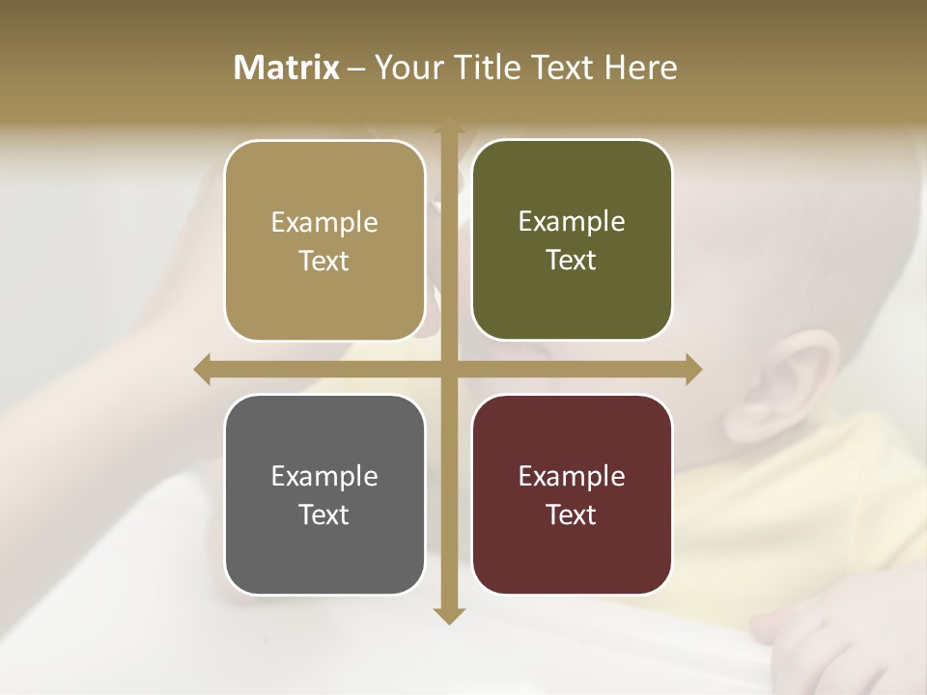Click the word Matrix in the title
pos(287,68)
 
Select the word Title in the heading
pos(494,68)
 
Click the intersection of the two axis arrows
pos(448,369)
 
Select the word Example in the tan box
pos(324,222)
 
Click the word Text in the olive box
pos(572,261)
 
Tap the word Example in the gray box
pos(324,476)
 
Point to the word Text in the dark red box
pos(572,514)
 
